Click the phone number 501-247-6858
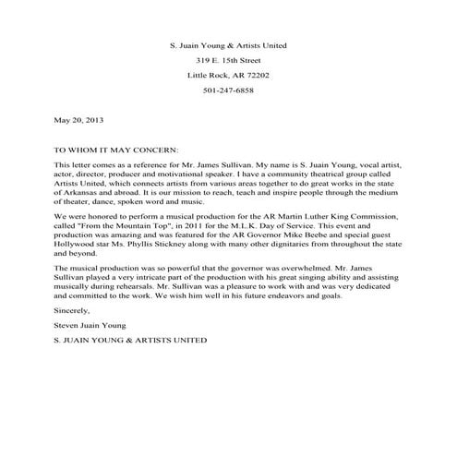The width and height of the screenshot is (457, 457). [228, 90]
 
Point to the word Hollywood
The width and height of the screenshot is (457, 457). [85, 244]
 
